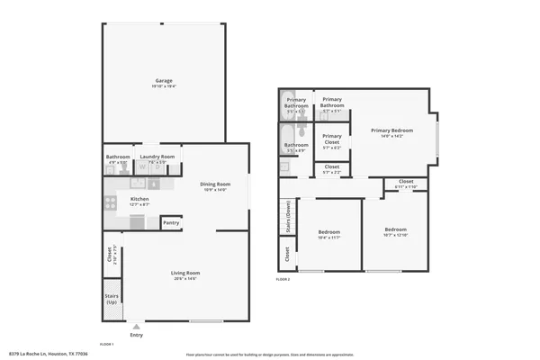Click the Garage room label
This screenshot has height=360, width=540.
(163, 81)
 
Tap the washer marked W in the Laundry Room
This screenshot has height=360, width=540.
(141, 166)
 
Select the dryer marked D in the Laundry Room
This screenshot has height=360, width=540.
(154, 166)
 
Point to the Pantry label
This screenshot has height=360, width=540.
(170, 222)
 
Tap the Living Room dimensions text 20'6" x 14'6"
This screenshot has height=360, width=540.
(185, 278)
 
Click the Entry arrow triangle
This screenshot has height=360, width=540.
(136, 327)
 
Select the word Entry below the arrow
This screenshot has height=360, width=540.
(136, 336)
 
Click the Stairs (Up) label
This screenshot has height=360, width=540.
(112, 298)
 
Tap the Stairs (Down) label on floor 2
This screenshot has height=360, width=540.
(287, 220)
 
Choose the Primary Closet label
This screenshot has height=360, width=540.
(331, 139)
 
